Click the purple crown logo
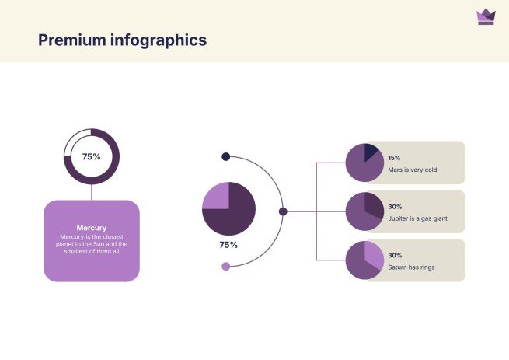[x=486, y=16]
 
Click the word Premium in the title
[x=72, y=40]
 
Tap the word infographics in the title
[x=159, y=40]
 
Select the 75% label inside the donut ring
[x=92, y=156]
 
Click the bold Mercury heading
[x=92, y=228]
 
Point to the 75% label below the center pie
[x=228, y=245]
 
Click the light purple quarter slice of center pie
[x=216, y=196]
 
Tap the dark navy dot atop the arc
[x=226, y=156]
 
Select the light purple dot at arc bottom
[x=226, y=267]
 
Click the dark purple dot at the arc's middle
[x=283, y=211]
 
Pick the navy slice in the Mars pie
[x=371, y=152]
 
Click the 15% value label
[x=394, y=158]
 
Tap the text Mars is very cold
[x=413, y=170]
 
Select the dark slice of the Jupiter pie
[x=373, y=205]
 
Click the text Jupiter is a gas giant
[x=418, y=218]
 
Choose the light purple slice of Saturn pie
[x=373, y=254]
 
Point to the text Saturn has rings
[x=411, y=267]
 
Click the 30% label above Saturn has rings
[x=395, y=255]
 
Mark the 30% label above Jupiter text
[x=395, y=207]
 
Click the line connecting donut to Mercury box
[x=92, y=192]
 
